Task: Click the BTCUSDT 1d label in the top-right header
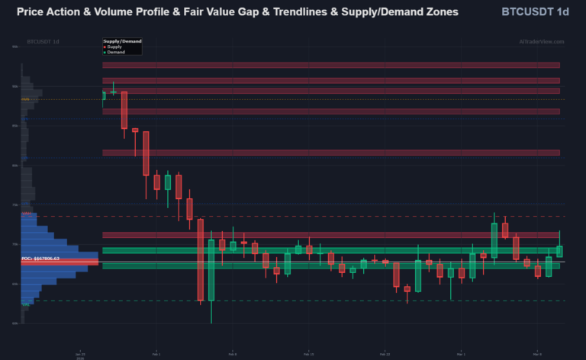pyautogui.click(x=536, y=12)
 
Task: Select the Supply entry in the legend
pyautogui.click(x=114, y=47)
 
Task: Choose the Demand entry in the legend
pyautogui.click(x=115, y=52)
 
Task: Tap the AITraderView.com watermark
pyautogui.click(x=541, y=41)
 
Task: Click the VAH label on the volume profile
pyautogui.click(x=26, y=214)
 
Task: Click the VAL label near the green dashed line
pyautogui.click(x=25, y=304)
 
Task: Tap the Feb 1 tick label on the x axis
pyautogui.click(x=156, y=354)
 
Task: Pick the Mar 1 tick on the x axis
pyautogui.click(x=460, y=354)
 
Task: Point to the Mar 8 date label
pyautogui.click(x=537, y=354)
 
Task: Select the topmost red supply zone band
pyautogui.click(x=331, y=66)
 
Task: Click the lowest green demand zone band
pyautogui.click(x=331, y=266)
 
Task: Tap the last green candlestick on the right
pyautogui.click(x=559, y=251)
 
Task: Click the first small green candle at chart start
pyautogui.click(x=104, y=95)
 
